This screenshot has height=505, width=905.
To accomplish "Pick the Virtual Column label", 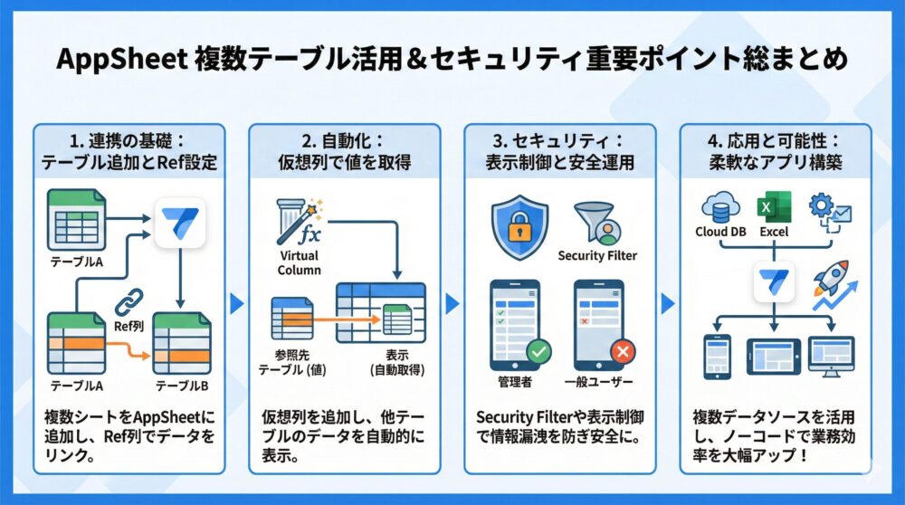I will click(x=300, y=263).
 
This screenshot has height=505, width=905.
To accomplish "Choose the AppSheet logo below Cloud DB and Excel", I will click(x=774, y=281).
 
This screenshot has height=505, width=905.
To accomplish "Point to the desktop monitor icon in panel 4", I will click(x=831, y=355).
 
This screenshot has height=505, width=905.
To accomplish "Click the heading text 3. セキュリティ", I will click(x=558, y=142).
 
